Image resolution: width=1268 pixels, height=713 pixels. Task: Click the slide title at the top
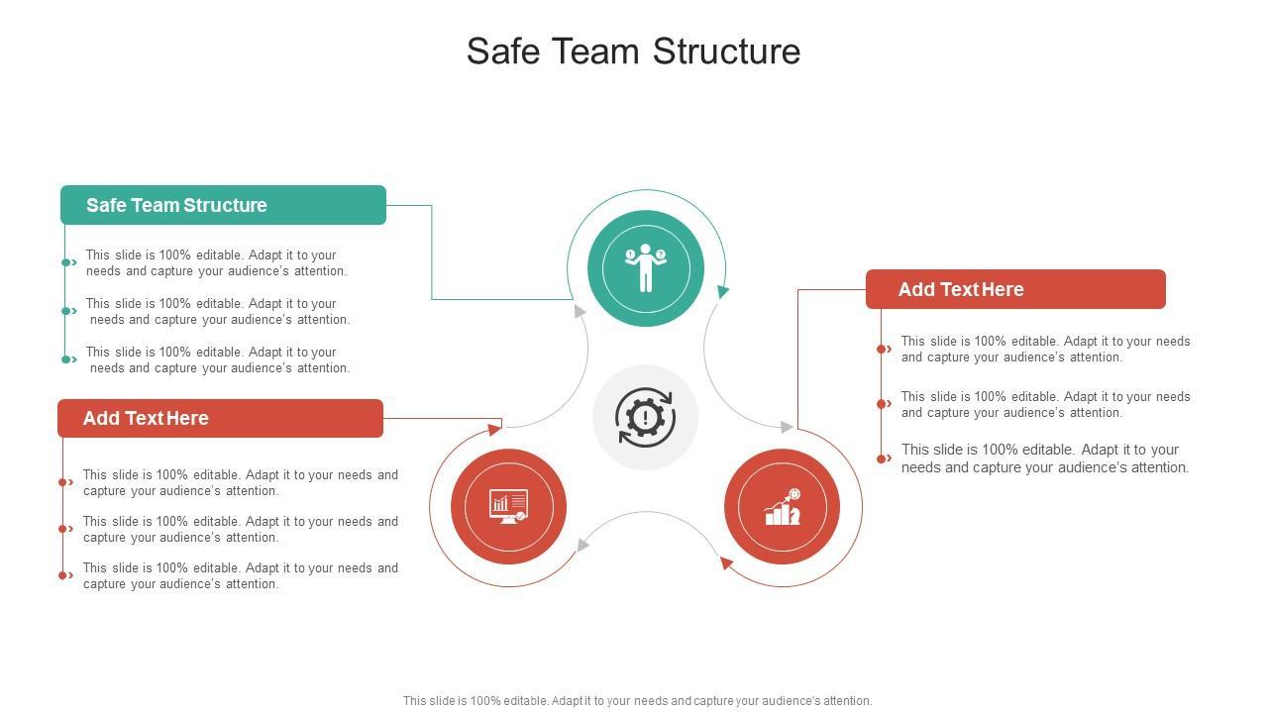coord(633,51)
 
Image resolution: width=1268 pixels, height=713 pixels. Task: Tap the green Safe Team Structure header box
coord(223,205)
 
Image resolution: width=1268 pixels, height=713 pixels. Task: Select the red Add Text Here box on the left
coord(220,418)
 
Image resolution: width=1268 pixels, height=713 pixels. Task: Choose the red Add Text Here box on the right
coord(1015,289)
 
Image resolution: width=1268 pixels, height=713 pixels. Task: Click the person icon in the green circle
coord(646,267)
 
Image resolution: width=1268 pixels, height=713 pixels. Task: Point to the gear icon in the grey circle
coord(645,417)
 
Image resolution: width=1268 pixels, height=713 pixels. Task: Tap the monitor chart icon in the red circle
coord(508,506)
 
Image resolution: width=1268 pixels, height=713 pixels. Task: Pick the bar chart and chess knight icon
coord(783,507)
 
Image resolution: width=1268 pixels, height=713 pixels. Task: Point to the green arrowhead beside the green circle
coord(723,291)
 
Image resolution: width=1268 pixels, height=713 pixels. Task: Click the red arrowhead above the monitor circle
coord(494,429)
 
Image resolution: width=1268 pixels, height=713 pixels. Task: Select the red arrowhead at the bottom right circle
coord(726,563)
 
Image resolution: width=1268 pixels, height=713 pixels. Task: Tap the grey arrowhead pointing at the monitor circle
coord(583,544)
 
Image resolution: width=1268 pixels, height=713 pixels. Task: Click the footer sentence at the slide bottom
coord(637,700)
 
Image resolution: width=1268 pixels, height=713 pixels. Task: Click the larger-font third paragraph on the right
coord(1044,458)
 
